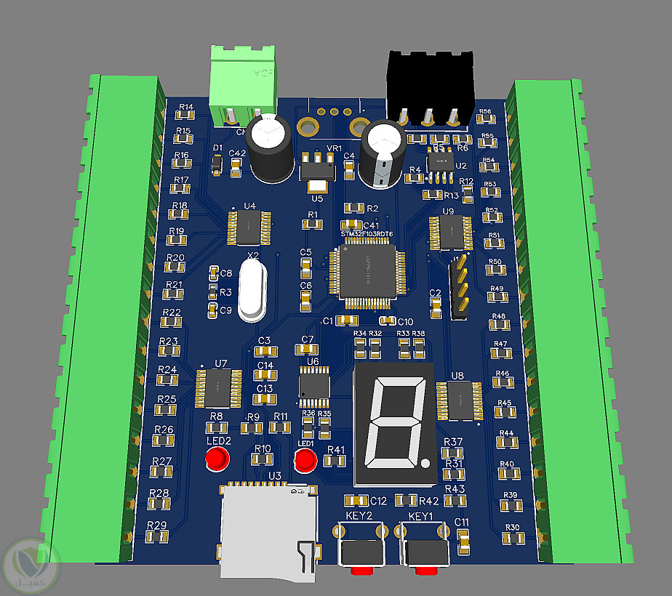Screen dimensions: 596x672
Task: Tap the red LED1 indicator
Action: (x=305, y=459)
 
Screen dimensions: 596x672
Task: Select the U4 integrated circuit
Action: (x=249, y=227)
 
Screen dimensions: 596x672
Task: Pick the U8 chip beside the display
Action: (x=460, y=400)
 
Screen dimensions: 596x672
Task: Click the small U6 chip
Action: (x=314, y=385)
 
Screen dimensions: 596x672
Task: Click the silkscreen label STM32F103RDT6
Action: (x=367, y=234)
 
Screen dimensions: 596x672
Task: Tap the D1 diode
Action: (x=217, y=166)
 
